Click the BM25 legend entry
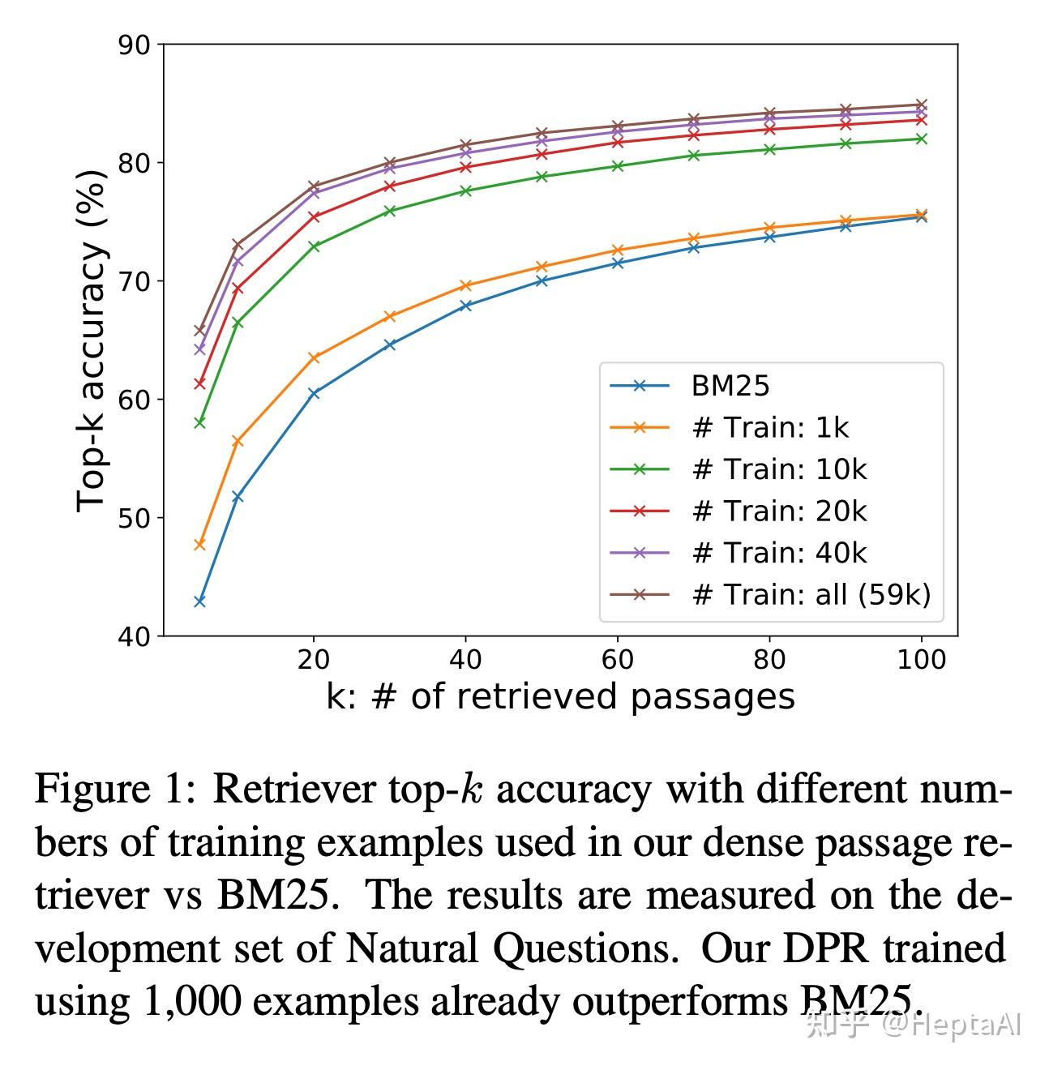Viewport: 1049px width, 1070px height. (730, 386)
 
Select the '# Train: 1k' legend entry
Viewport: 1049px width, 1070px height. (769, 427)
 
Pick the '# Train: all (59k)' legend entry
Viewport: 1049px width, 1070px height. (811, 594)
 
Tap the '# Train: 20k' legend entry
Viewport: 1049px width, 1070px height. (778, 511)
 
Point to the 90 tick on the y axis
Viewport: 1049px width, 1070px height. (135, 45)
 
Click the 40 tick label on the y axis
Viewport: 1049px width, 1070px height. (135, 637)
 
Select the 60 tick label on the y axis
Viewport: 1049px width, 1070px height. (135, 400)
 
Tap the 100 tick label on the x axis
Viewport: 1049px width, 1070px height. (921, 660)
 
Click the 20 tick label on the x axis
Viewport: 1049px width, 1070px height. (313, 660)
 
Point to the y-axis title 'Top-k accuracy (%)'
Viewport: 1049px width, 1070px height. (91, 340)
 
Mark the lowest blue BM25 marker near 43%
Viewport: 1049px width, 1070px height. (199, 601)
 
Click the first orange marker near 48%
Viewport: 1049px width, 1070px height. (199, 545)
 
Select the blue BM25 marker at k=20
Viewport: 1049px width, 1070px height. (314, 393)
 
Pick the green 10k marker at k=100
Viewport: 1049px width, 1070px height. (921, 139)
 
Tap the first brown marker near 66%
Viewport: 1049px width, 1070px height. (199, 331)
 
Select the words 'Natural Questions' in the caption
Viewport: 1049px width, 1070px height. (511, 948)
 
